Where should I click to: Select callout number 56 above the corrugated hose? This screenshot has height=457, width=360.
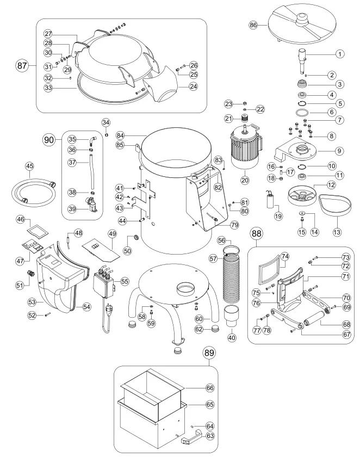pos(236,239)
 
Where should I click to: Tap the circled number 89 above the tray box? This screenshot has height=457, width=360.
pos(209,353)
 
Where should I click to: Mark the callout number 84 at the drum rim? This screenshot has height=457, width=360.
pos(121,135)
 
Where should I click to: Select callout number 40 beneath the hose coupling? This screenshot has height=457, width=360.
pos(233,337)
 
